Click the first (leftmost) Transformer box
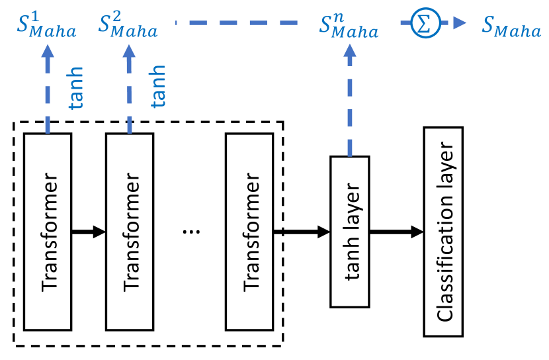click(48, 232)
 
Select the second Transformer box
click(130, 232)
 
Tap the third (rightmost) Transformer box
click(249, 232)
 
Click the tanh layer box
click(349, 232)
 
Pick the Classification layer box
click(443, 232)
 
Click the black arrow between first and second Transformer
click(89, 232)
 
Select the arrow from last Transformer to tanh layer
click(301, 232)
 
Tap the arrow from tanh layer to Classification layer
click(396, 232)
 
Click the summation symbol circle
click(421, 25)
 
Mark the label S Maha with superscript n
click(349, 28)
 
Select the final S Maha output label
click(511, 28)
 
